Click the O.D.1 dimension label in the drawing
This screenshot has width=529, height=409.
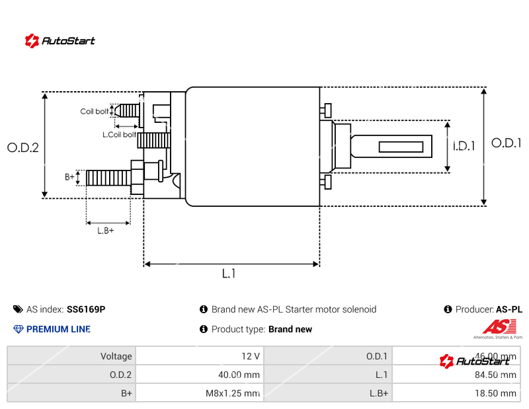(507, 143)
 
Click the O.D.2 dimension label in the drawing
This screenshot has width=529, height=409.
(23, 148)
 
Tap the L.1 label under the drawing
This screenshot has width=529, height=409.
(229, 274)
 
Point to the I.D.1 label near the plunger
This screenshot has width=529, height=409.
(464, 147)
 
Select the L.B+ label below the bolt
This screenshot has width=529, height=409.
(106, 231)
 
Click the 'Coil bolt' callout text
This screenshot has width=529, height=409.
(95, 112)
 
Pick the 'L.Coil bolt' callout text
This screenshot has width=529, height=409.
(119, 135)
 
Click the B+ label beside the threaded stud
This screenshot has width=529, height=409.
(69, 177)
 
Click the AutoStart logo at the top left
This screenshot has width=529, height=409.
(60, 40)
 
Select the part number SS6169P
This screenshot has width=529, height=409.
(86, 309)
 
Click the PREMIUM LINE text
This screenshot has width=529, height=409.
(58, 329)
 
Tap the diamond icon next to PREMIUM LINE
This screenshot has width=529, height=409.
(19, 329)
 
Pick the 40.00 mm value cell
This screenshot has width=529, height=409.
(240, 375)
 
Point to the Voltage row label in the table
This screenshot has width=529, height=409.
(116, 356)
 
